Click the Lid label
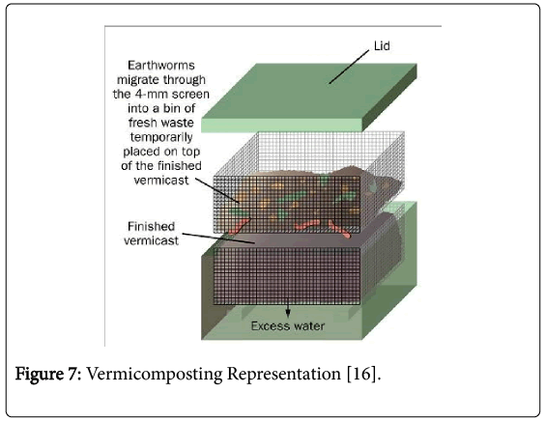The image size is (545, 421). (x=382, y=46)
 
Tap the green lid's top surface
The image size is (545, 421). (x=309, y=91)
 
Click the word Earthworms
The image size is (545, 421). (x=161, y=66)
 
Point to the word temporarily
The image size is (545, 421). (x=161, y=137)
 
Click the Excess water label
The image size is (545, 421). (x=288, y=325)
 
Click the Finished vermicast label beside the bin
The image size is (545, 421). (x=151, y=234)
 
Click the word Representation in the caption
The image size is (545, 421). (x=284, y=374)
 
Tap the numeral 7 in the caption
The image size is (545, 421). (x=74, y=374)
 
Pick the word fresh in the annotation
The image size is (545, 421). (x=142, y=123)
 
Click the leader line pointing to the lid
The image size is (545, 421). (x=349, y=67)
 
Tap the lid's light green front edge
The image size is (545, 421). (x=282, y=126)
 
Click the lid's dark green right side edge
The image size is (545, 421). (x=389, y=98)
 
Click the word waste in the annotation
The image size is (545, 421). (x=177, y=123)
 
